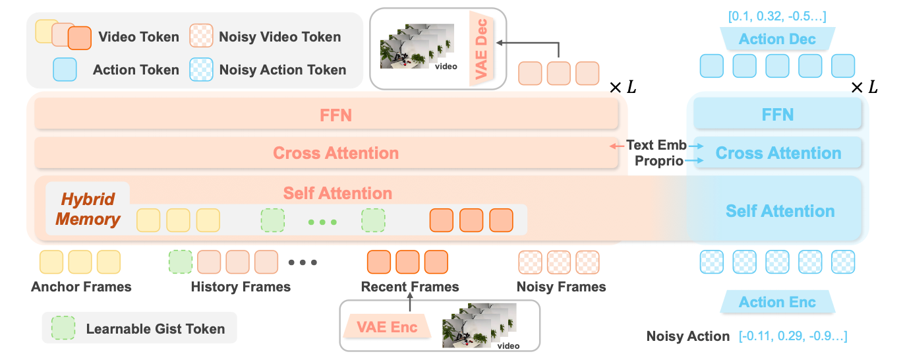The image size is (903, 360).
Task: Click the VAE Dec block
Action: (x=481, y=48)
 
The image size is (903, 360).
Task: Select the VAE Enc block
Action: (x=387, y=326)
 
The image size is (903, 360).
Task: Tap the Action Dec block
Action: (x=777, y=39)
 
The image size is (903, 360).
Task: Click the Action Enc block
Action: (x=777, y=301)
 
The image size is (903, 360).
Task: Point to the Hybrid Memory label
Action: (x=88, y=209)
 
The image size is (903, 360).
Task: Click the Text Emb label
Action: (x=656, y=145)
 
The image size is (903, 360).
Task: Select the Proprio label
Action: (x=659, y=161)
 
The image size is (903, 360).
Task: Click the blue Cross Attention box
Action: (x=778, y=153)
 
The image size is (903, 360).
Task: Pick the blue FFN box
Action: (x=778, y=115)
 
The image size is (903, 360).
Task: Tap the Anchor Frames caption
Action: (x=81, y=287)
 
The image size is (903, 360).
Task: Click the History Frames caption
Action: (x=241, y=287)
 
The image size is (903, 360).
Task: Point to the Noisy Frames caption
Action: (x=561, y=287)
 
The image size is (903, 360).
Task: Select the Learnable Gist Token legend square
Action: (x=63, y=328)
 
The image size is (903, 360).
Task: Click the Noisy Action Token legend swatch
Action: (x=202, y=70)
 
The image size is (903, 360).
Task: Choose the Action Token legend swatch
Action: (x=65, y=69)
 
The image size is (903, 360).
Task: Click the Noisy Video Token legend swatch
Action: (x=202, y=36)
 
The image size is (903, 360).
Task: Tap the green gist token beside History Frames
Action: (x=181, y=262)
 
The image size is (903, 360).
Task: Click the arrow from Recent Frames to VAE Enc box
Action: (x=410, y=302)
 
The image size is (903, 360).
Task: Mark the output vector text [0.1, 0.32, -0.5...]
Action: (x=777, y=16)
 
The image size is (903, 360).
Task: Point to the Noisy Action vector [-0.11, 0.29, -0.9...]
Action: (x=793, y=336)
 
